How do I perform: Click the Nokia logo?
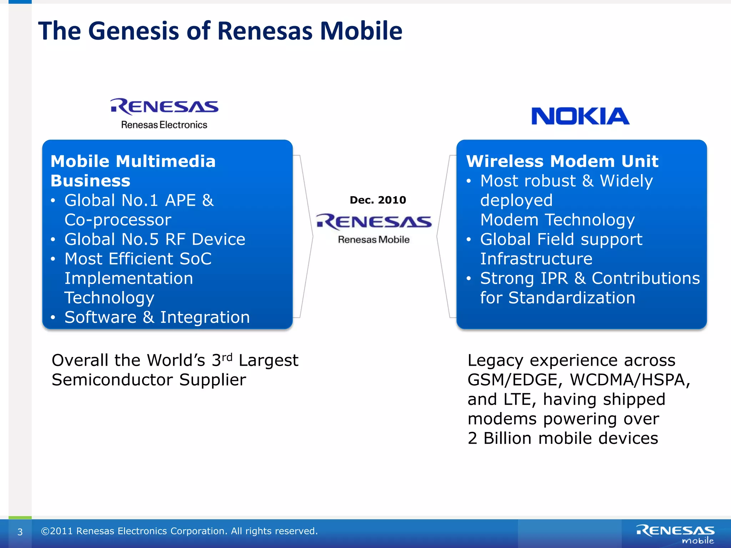coord(580,116)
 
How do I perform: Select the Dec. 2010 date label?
coord(378,200)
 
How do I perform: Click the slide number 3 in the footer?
coord(20,532)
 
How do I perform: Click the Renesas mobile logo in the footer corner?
coord(675,534)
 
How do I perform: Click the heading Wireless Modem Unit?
coord(562,161)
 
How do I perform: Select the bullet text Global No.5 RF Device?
coord(155,239)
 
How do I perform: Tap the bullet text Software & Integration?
coord(157,317)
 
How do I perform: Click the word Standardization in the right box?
coord(571,298)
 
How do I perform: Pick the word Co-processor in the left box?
coord(118,220)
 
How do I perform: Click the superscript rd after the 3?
coord(227,357)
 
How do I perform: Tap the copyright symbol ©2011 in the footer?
coord(57,531)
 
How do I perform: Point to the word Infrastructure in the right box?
coord(536,259)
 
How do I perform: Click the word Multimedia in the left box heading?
coord(166,161)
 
